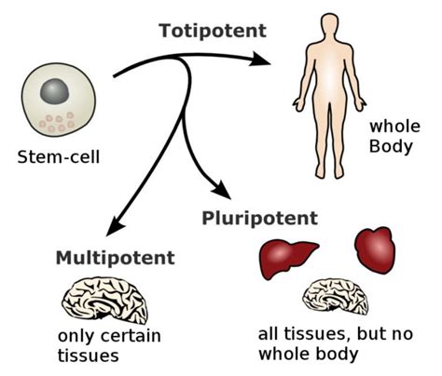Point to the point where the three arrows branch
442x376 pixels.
click(x=183, y=61)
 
